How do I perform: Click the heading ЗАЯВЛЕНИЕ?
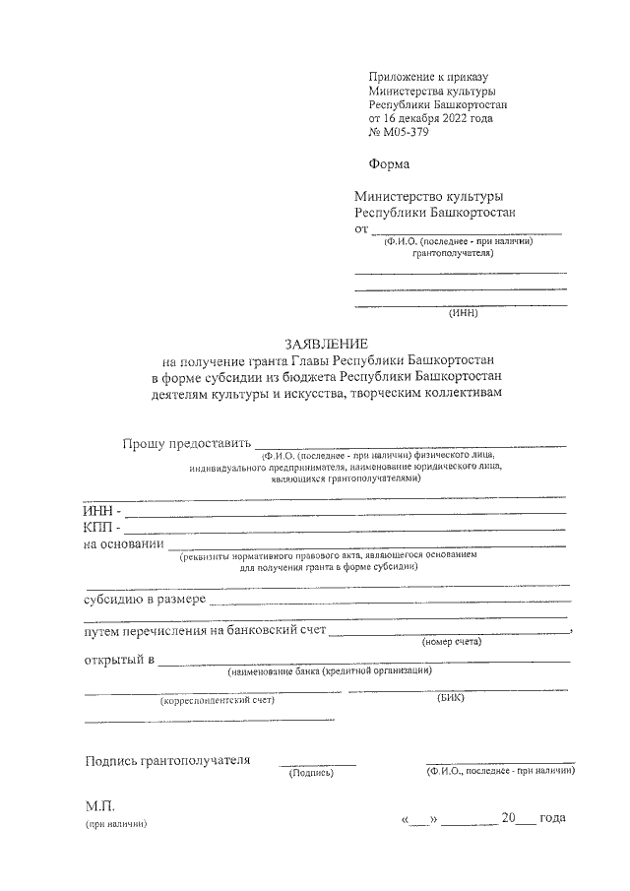click(326, 345)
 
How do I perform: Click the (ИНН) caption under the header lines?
click(462, 314)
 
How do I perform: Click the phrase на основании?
click(124, 544)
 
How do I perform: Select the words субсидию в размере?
click(145, 599)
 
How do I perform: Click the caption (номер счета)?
click(451, 642)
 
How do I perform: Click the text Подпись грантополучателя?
click(167, 760)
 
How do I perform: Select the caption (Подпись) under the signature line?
click(311, 773)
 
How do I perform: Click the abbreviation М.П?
click(100, 806)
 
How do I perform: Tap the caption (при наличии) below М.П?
click(115, 825)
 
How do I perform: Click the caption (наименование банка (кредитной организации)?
click(329, 671)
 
